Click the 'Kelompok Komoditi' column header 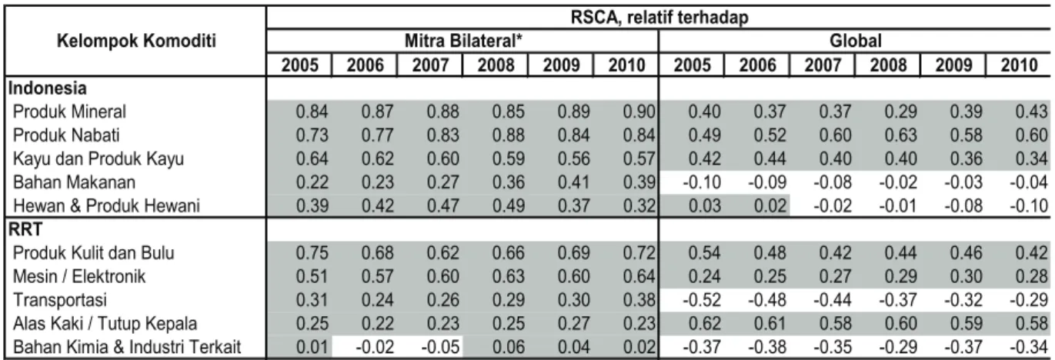click(136, 41)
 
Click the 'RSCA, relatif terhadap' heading click(659, 18)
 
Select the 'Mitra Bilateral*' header click(463, 41)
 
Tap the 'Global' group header click(855, 41)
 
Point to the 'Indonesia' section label click(48, 88)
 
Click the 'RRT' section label click(25, 229)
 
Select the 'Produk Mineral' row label click(69, 112)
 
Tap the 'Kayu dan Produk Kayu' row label click(98, 158)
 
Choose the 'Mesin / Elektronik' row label click(79, 276)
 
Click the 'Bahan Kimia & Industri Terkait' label click(127, 347)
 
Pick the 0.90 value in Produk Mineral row click(639, 112)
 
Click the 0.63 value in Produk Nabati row click(900, 135)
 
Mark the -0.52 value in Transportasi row click(702, 300)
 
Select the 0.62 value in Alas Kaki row click(705, 323)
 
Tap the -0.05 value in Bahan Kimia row click(440, 347)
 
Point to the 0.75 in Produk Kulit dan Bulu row click(312, 253)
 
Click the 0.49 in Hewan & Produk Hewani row click(508, 205)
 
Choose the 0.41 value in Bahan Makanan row click(573, 182)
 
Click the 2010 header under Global click(1019, 65)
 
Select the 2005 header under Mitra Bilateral click(299, 65)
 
